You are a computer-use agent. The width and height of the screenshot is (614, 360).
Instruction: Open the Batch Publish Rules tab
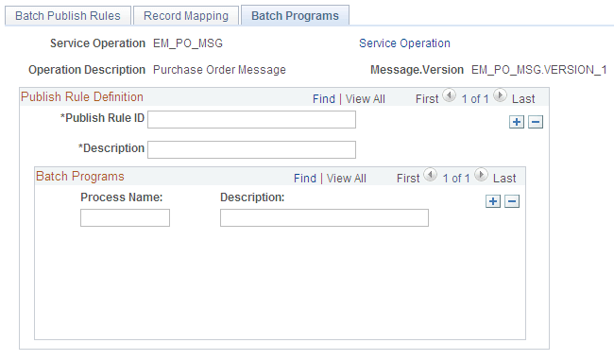point(67,16)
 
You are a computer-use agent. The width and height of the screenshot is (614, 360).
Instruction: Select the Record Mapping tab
point(186,16)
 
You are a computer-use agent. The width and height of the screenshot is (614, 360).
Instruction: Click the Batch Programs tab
point(295,16)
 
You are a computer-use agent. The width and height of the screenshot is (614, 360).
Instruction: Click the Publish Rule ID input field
point(251,119)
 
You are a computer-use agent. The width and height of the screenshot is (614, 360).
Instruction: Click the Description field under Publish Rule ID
point(251,149)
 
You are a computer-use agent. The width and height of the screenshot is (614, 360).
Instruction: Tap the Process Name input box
point(125,218)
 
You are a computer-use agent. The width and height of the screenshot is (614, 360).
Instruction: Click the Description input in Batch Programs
point(324,218)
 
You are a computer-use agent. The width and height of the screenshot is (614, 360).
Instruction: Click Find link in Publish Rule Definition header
point(323,98)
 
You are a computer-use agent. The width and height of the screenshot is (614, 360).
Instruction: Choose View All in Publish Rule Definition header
point(365,98)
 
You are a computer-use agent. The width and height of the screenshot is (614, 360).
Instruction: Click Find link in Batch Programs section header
point(304,178)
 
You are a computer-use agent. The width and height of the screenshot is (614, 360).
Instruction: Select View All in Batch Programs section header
point(346,178)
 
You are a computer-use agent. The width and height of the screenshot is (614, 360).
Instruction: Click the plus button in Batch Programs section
point(493,201)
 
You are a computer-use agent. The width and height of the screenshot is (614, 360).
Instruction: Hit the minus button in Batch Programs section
point(512,201)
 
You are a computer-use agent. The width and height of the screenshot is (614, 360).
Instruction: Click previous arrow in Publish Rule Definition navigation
point(450,96)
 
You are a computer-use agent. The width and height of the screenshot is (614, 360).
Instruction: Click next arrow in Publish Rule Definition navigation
point(500,96)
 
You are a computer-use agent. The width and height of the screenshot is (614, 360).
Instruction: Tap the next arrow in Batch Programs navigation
point(481,176)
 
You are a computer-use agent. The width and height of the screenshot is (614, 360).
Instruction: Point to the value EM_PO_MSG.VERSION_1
point(538,70)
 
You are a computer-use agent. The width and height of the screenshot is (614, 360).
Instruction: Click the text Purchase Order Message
point(219,70)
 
